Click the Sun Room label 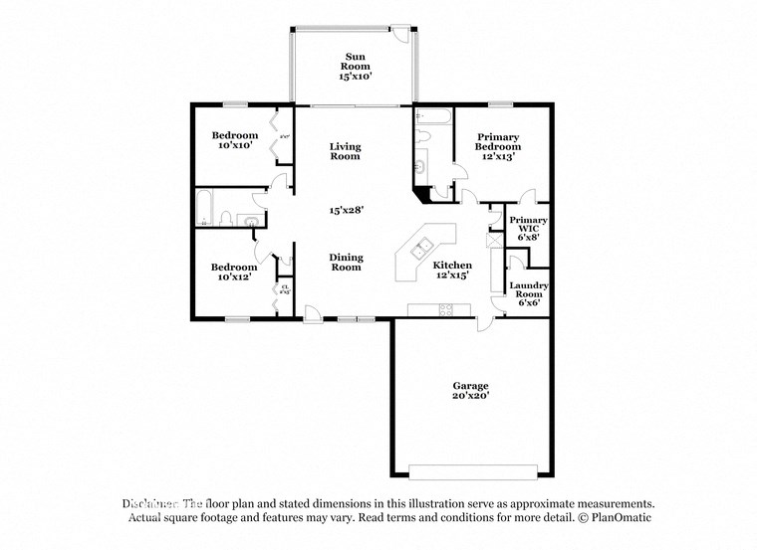pos(355,65)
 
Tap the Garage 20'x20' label pos(470,390)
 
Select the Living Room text pos(345,151)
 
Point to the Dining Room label pos(346,262)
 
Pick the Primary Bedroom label pos(499,146)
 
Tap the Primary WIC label pos(528,229)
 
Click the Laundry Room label pos(528,293)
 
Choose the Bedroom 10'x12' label pos(234,272)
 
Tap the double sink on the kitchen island pos(422,248)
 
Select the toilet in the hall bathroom pos(227,219)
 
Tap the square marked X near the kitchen pos(490,240)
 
